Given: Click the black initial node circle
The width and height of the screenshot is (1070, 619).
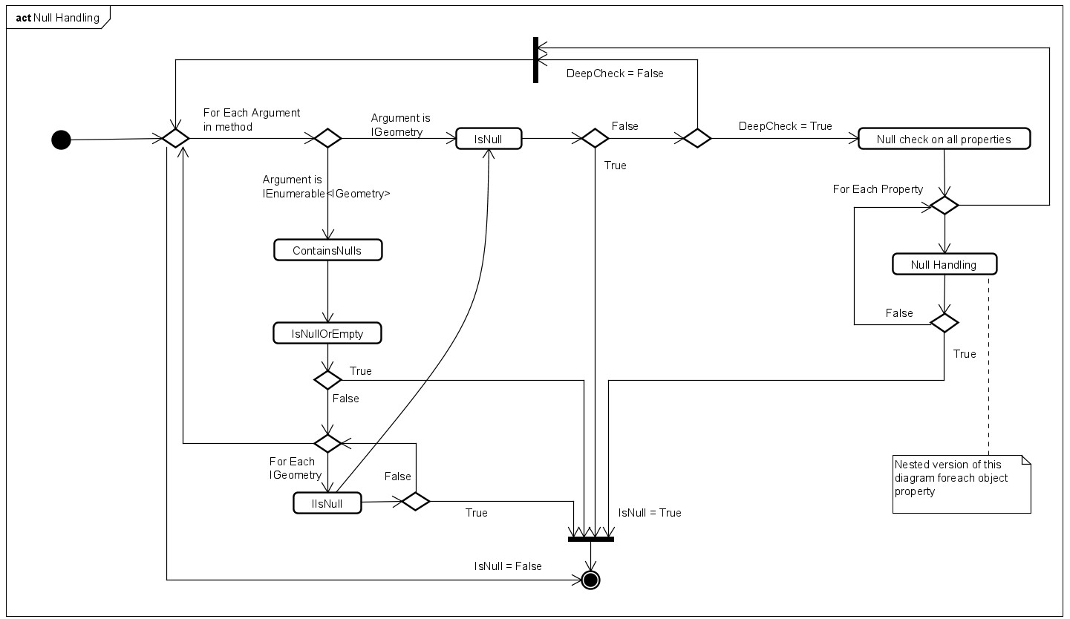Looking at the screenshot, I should [61, 139].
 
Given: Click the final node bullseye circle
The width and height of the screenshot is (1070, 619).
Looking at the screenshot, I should [590, 579].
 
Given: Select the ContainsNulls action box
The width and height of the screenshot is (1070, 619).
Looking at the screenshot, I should [327, 250].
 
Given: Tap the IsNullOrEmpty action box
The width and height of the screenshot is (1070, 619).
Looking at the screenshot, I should [327, 333].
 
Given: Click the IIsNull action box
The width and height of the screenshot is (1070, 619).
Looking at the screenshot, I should [327, 503].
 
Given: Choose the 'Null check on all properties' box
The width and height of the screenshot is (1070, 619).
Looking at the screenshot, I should [944, 139].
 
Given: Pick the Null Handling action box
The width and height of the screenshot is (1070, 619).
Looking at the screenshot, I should [944, 264].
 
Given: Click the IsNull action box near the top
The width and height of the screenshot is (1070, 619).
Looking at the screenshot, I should [489, 139].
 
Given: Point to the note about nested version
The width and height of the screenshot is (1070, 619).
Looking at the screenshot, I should [962, 483].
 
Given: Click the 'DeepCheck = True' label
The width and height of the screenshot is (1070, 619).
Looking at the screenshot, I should [785, 126].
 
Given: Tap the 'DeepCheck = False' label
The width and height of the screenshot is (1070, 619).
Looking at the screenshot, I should [615, 73].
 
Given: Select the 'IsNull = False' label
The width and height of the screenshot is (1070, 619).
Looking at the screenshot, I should [508, 566].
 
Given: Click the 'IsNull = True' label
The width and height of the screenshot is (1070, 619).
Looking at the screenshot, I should [650, 513].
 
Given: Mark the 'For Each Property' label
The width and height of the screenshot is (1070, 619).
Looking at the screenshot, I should [878, 189].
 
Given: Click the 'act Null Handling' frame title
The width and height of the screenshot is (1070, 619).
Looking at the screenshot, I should [57, 18].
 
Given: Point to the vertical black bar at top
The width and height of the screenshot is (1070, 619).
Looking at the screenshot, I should [535, 59].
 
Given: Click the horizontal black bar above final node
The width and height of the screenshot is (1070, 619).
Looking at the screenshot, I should [590, 539].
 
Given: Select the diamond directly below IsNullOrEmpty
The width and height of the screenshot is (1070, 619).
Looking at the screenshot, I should [327, 380].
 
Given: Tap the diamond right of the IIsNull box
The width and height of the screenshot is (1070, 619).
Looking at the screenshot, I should [416, 501].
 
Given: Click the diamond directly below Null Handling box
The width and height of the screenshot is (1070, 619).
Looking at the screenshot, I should [945, 323].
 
